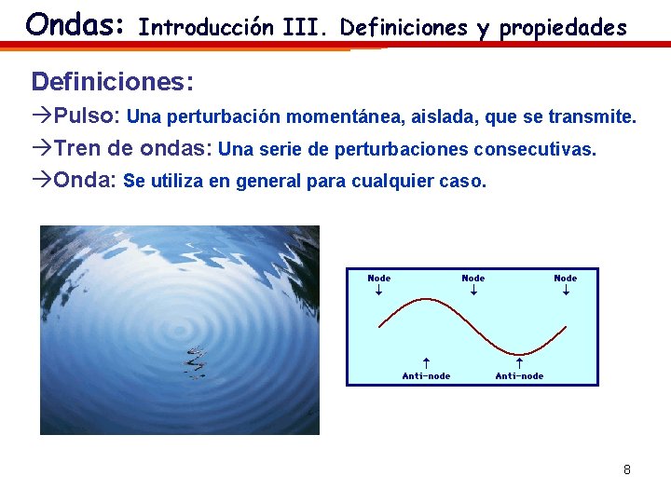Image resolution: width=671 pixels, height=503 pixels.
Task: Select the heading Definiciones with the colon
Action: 113,82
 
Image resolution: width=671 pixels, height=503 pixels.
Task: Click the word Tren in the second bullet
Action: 75,149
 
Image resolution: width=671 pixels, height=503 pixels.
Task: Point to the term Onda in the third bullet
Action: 85,181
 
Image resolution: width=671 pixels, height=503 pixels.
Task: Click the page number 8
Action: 627,469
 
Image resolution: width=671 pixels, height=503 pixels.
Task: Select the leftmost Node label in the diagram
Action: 379,278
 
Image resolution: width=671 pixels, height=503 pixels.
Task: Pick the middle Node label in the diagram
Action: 473,278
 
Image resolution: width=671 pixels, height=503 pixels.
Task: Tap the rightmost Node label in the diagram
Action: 566,278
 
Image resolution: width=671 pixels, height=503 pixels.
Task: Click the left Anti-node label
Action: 426,375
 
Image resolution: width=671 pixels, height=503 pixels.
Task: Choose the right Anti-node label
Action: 519,375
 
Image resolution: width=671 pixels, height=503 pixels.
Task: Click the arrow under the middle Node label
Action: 473,291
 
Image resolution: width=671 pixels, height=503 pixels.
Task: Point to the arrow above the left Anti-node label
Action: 425,362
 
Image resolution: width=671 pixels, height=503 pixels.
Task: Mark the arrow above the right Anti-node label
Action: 519,362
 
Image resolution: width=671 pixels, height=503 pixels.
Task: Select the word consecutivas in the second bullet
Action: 534,150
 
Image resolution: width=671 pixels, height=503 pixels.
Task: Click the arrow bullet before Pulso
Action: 42,117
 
